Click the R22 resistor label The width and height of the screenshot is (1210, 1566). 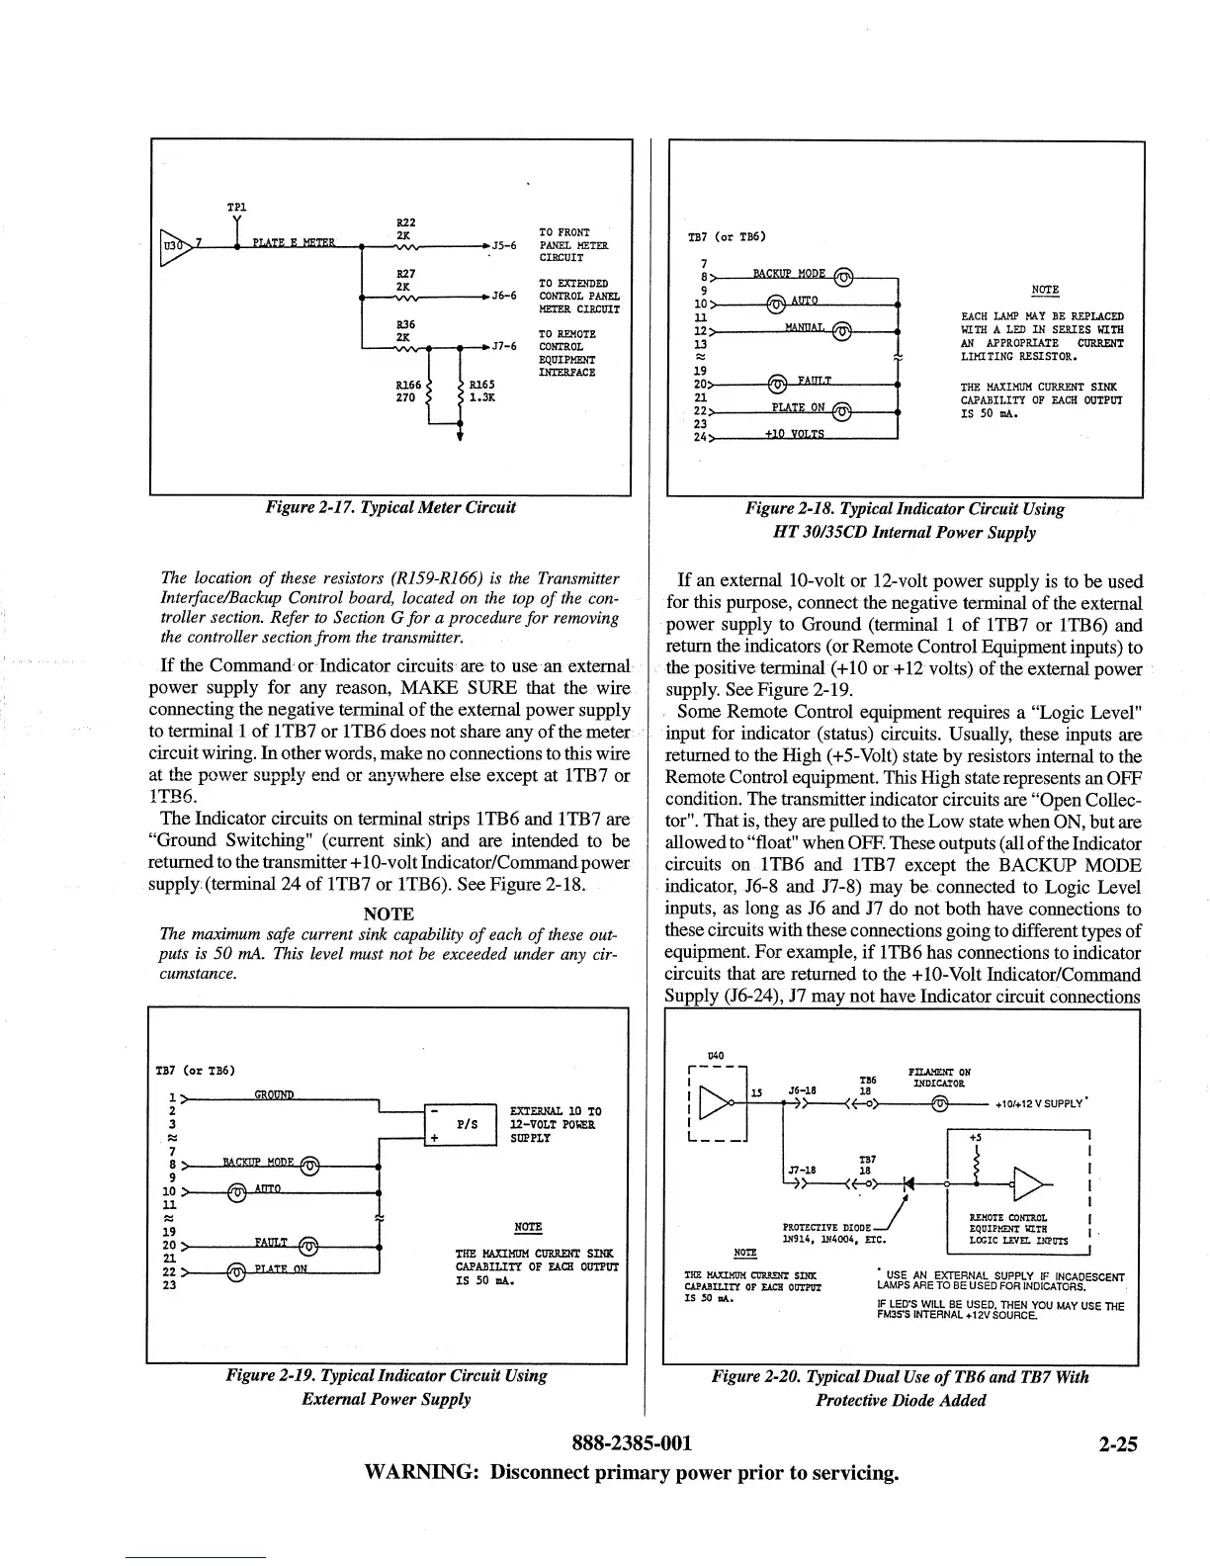pos(403,223)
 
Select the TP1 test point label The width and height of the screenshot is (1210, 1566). pos(236,208)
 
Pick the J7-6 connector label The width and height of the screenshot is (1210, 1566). pos(504,346)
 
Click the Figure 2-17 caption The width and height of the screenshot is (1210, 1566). pos(389,508)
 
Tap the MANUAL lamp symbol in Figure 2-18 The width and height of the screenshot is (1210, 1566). pos(840,332)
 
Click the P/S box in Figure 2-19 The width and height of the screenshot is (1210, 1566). pos(468,1124)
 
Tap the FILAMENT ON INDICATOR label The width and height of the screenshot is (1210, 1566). pos(938,1077)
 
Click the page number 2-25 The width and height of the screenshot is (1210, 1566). pos(1117,1443)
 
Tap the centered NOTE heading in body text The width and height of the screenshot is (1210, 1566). pos(389,913)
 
